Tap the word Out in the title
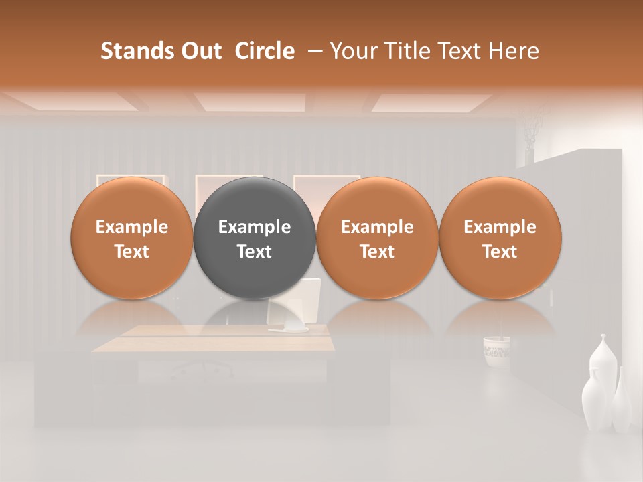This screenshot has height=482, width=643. tap(202, 51)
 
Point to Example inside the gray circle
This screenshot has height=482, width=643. tap(255, 227)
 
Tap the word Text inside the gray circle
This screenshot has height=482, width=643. tap(255, 252)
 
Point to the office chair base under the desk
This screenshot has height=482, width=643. tap(201, 370)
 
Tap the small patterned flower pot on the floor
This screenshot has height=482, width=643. tap(496, 349)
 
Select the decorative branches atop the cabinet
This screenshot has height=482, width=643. tap(531, 131)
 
